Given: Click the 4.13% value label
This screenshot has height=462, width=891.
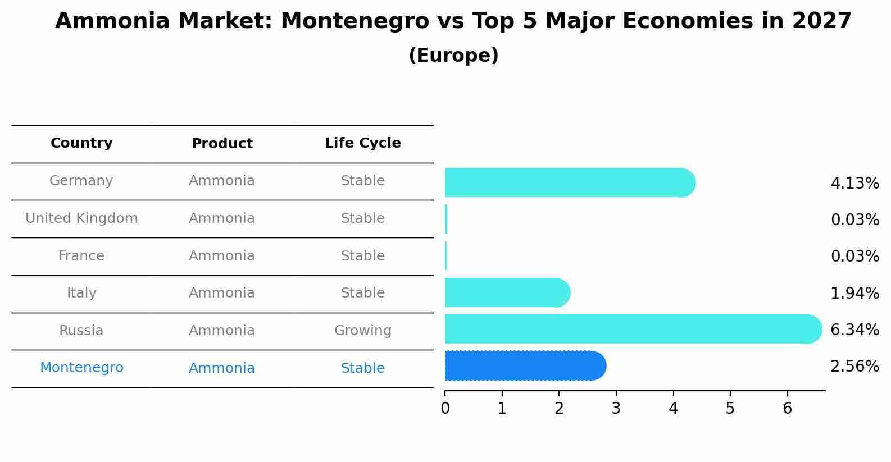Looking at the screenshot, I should coord(854,184).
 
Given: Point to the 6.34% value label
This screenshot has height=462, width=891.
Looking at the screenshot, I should coord(854,330).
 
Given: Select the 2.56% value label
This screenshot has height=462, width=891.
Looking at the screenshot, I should coord(854,367).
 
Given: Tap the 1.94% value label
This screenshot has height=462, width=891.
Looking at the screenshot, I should coord(854,293).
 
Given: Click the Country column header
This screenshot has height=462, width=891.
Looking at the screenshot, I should coord(81,143).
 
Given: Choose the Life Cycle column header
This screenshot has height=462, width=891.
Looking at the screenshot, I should coord(362,143).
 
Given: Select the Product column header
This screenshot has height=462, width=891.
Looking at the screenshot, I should coord(222,144).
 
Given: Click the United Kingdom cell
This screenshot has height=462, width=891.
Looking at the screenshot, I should coord(81,218).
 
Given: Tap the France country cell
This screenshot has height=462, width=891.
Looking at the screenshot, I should coord(81,256).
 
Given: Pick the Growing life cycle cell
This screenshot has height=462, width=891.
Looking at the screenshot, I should coord(362,331).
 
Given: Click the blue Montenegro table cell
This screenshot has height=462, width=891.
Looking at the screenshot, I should coord(81,368).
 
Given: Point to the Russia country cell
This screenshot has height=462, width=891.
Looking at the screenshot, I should coord(81,331).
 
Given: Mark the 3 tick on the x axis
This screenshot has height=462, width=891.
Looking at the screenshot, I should coord(616,408).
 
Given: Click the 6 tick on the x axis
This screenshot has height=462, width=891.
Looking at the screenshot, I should coord(787,408).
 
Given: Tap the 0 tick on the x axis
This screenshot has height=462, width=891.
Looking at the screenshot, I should coord(445,408).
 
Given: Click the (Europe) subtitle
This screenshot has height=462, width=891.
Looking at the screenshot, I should coord(453,56).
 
